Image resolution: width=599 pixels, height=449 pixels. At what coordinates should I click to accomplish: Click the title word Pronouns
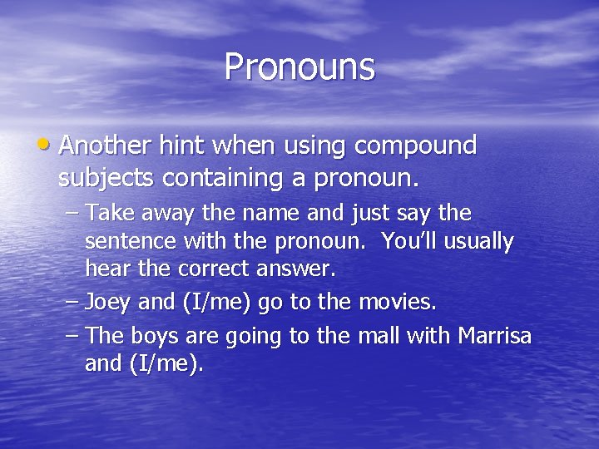tap(299, 67)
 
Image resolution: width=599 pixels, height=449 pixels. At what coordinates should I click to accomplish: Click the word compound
tap(415, 146)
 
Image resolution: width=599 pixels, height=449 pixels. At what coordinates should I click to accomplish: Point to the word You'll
tap(408, 242)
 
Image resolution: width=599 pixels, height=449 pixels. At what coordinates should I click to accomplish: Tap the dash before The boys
tap(70, 335)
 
